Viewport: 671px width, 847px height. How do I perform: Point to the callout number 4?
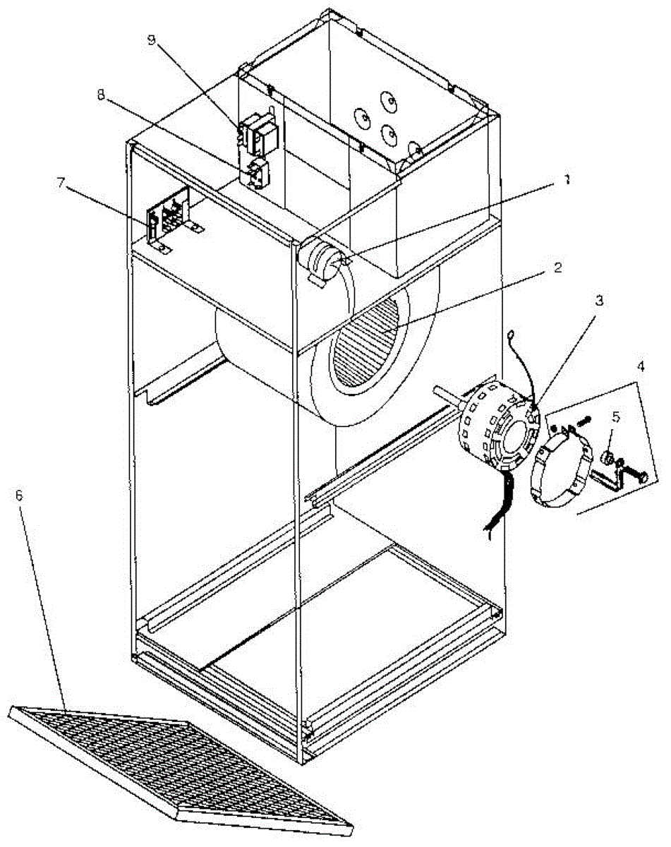pyautogui.click(x=641, y=368)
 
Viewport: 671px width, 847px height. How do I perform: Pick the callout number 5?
pyautogui.click(x=615, y=417)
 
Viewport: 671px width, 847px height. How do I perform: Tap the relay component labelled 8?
pyautogui.click(x=258, y=174)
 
